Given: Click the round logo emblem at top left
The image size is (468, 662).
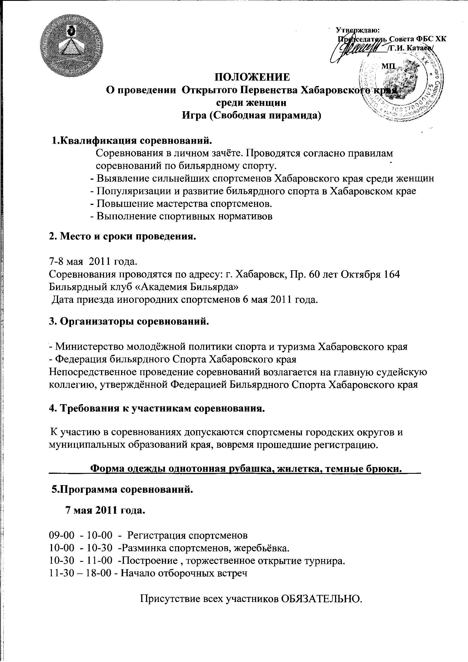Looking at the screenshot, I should [x=72, y=46].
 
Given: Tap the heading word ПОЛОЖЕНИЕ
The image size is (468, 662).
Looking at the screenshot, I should [x=253, y=77].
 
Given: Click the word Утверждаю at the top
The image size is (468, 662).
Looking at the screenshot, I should [x=358, y=30].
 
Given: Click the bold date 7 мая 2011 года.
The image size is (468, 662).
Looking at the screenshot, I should [x=106, y=511].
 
